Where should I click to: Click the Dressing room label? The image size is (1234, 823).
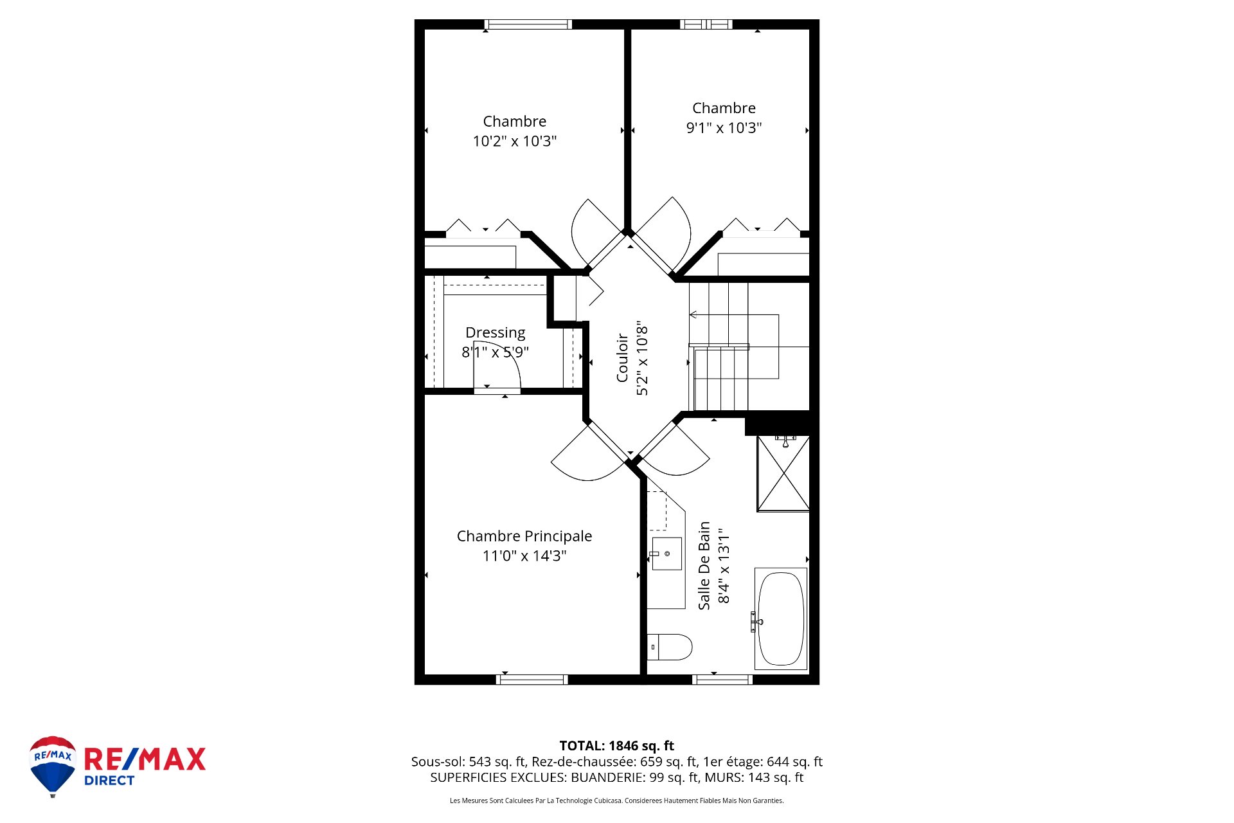495,332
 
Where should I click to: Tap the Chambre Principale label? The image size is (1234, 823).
524,536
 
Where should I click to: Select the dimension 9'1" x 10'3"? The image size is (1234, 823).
724,128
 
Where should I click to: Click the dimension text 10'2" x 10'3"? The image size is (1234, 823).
514,141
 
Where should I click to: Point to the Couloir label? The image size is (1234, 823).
622,357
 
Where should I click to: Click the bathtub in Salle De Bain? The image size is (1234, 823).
781,619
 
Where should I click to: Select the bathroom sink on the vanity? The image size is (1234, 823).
666,554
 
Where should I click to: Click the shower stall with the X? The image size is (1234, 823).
783,474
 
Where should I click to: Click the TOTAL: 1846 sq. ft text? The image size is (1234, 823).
616,746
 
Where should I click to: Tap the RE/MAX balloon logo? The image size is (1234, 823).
53,765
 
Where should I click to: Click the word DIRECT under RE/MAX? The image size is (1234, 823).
109,781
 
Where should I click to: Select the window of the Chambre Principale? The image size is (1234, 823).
532,680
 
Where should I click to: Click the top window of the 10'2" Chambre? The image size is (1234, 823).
528,24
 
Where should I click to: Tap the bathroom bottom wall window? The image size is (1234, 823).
722,680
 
